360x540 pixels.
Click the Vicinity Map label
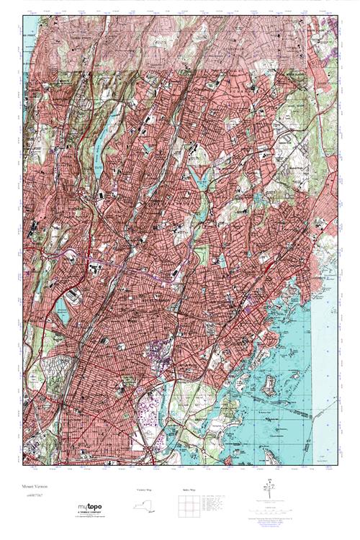145,490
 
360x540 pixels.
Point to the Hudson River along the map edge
26,101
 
